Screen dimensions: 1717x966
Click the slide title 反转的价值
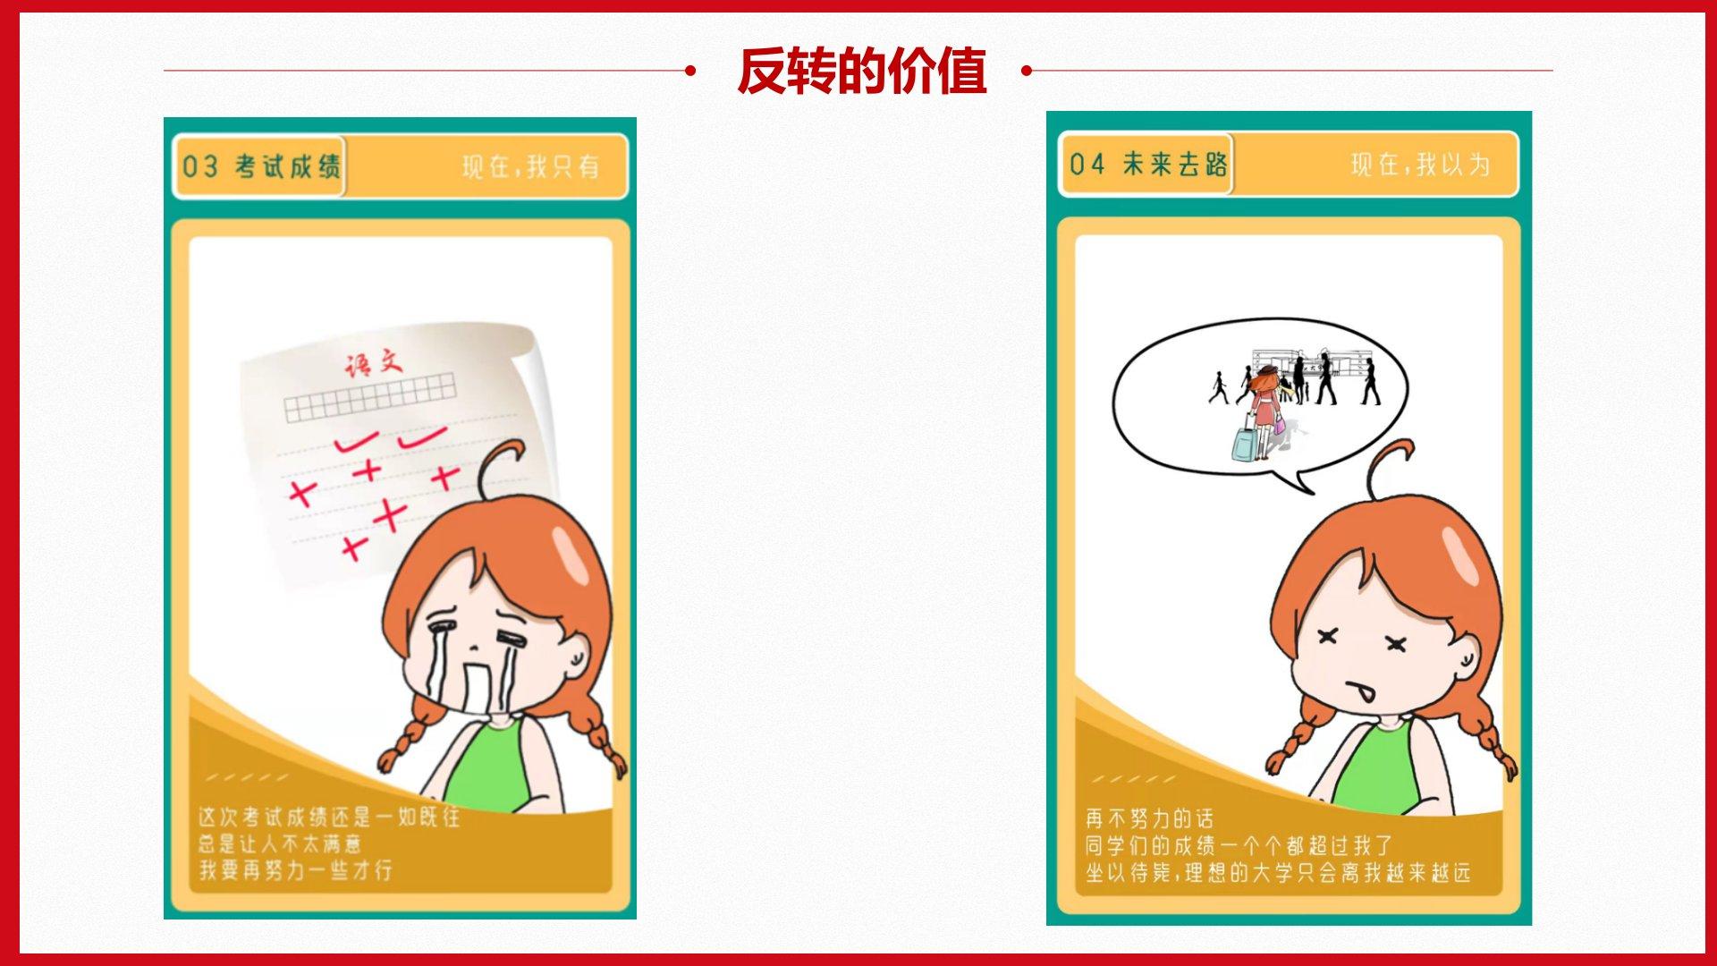pos(861,71)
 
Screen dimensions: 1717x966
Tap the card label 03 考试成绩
pos(261,166)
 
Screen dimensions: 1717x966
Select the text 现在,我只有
pos(531,166)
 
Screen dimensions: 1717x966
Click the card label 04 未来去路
pos(1149,164)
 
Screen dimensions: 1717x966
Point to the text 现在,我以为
pos(1421,165)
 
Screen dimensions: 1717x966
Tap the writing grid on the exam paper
pos(370,399)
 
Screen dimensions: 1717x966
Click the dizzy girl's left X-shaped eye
pos(1328,636)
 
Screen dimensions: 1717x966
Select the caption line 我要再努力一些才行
pos(296,869)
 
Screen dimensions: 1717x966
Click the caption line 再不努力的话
pos(1150,818)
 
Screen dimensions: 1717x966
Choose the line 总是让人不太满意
pos(280,843)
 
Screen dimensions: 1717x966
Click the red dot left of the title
pos(689,71)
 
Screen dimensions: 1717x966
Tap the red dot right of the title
pos(1027,71)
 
